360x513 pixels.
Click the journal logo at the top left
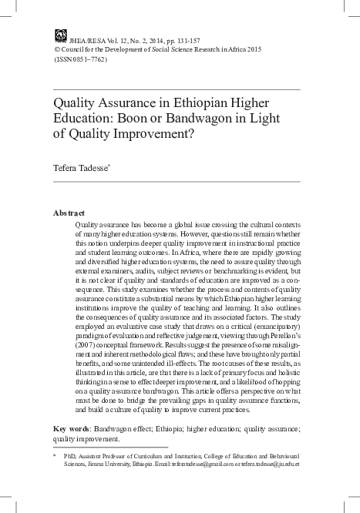point(60,34)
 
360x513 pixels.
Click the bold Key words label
point(73,427)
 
